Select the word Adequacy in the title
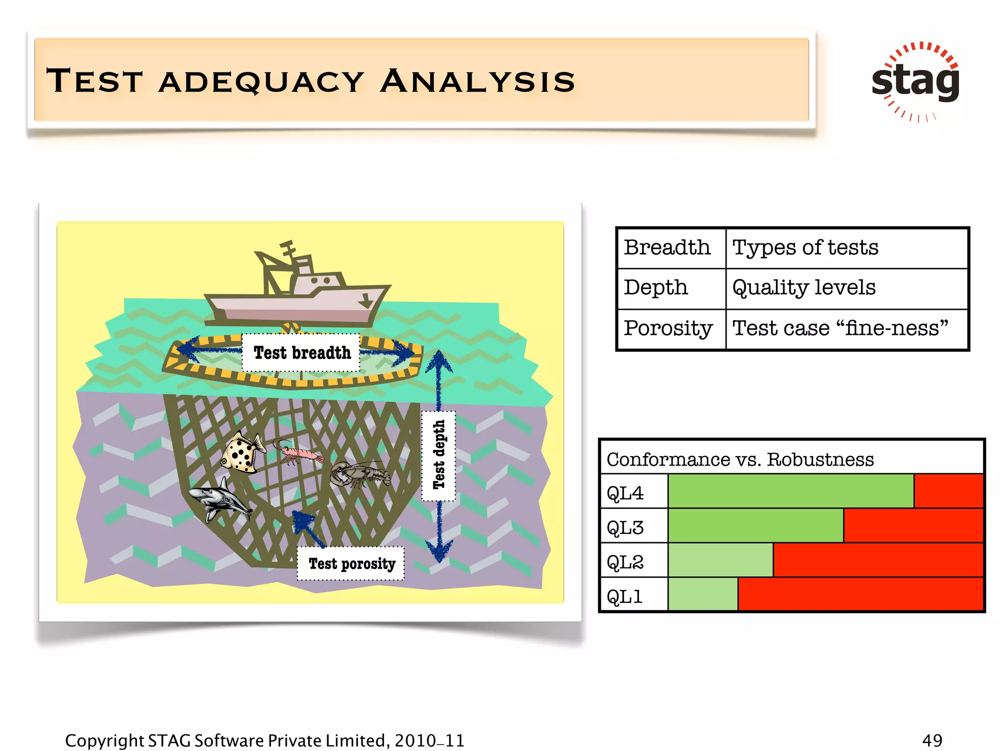(x=261, y=81)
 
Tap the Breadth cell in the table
(x=667, y=248)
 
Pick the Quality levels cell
(x=804, y=288)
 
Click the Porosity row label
(x=668, y=328)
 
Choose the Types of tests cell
(x=805, y=248)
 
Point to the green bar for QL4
(x=790, y=491)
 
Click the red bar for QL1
(x=860, y=595)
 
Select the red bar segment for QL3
(x=913, y=526)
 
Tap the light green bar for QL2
(x=720, y=560)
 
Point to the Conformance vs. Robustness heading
(x=740, y=460)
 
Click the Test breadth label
(x=302, y=353)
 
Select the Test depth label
(x=439, y=455)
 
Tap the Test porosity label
(x=351, y=564)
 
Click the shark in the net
(x=220, y=499)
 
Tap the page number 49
(x=932, y=740)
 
